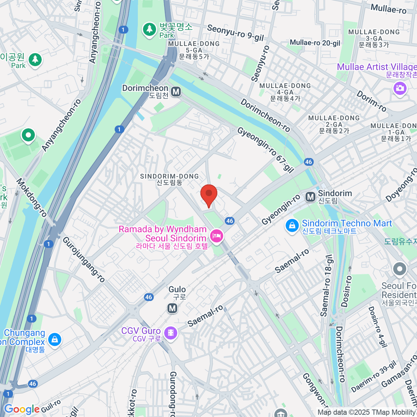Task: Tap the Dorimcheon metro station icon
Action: click(176, 92)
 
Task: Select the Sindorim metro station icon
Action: click(310, 197)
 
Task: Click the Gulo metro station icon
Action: click(172, 308)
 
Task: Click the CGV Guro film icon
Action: click(171, 333)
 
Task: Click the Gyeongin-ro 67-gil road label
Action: click(266, 150)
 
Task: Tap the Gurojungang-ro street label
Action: click(83, 259)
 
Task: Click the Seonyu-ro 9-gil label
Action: click(235, 33)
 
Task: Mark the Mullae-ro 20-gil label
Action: click(315, 43)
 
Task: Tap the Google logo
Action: click(22, 409)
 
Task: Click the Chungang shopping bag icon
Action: click(55, 340)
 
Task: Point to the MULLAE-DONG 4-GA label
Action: click(285, 92)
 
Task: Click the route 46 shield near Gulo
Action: click(149, 297)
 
